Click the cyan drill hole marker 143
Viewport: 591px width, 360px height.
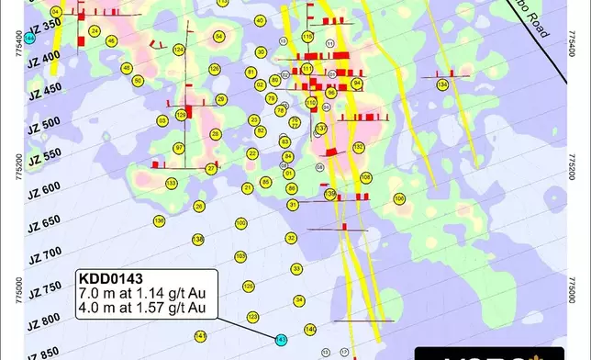point(282,339)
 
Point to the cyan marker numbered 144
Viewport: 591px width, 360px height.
point(32,38)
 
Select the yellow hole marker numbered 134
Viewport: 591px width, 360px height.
point(443,84)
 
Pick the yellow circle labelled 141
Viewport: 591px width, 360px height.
point(201,335)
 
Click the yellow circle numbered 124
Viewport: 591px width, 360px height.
point(178,50)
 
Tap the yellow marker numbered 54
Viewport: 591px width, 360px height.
point(218,36)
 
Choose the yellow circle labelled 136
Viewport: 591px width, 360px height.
point(160,221)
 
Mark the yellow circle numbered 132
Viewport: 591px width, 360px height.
point(359,147)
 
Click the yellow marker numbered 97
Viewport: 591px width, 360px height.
point(179,147)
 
